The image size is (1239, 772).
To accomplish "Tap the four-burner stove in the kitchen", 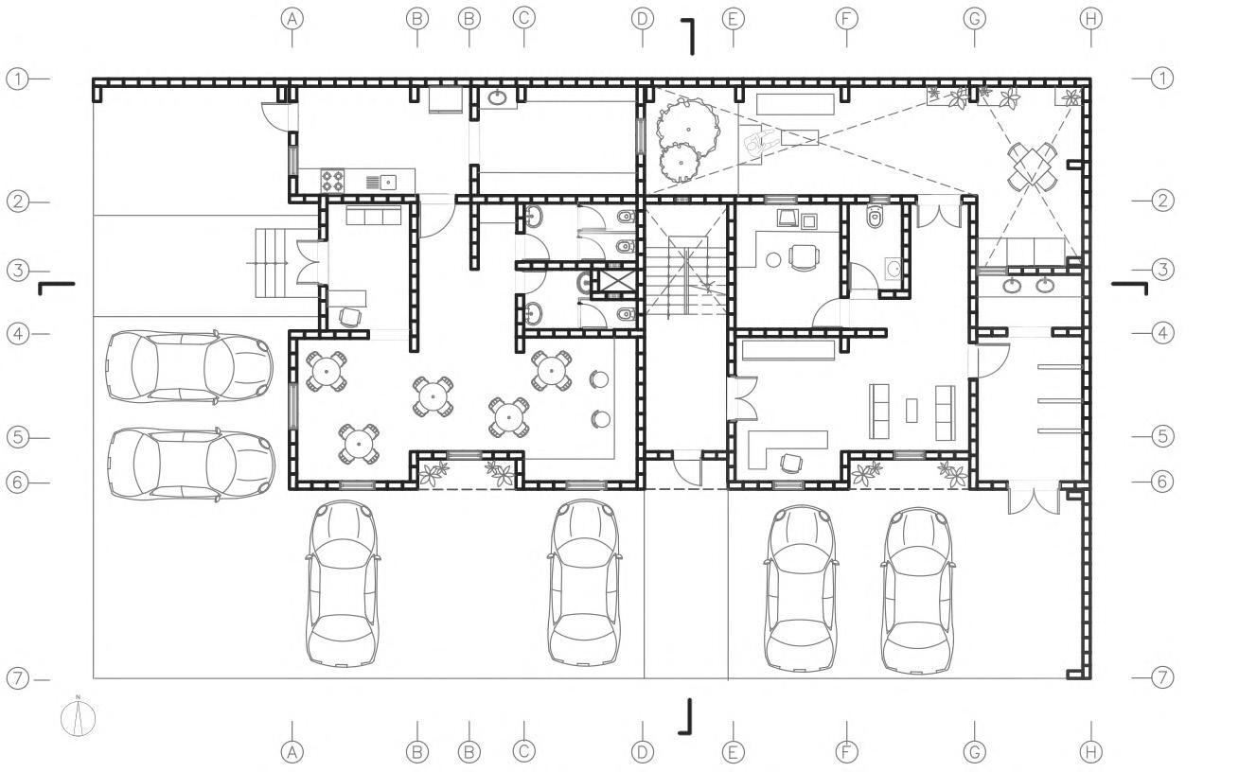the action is [333, 180].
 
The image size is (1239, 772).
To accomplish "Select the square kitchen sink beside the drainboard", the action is [388, 182].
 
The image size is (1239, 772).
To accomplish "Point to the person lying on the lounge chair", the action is [763, 144].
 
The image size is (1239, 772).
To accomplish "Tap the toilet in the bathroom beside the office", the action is [876, 217].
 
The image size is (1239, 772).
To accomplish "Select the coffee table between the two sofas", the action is [912, 410].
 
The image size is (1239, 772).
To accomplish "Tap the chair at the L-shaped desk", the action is [788, 462].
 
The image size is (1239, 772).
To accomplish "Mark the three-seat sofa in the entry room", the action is [374, 217].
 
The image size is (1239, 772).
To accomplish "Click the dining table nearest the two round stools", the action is [551, 370].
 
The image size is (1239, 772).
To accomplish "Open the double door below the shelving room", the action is [1033, 498].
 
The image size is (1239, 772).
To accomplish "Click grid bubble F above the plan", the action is [846, 18].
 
